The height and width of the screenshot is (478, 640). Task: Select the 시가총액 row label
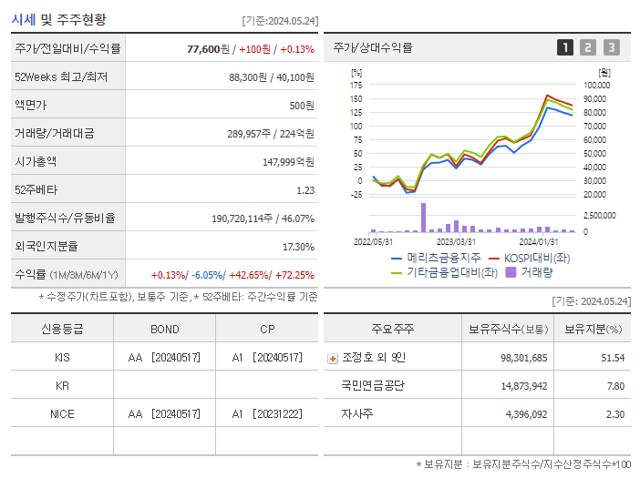pos(35,162)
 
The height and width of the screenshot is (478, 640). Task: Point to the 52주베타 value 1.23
pos(305,190)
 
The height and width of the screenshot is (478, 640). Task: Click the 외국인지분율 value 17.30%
pos(298,247)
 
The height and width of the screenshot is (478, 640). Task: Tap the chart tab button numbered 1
pos(565,48)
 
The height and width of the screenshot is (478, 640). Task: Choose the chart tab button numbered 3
pos(611,48)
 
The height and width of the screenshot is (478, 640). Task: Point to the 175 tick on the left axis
pos(356,86)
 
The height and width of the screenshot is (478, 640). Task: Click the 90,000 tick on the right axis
pos(595,99)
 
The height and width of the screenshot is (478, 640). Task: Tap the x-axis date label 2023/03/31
pos(456,241)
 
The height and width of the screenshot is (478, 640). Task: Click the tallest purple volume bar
pos(423,217)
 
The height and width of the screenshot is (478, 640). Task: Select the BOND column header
pos(164,329)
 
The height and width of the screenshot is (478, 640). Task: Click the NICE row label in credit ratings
pos(61,413)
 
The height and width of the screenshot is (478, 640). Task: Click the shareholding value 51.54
pos(613,358)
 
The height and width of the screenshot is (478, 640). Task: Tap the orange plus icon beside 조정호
pos(332,359)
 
